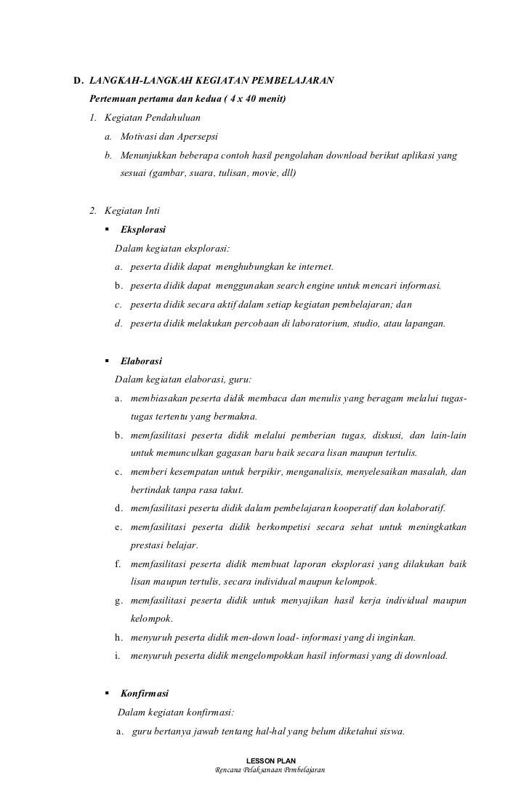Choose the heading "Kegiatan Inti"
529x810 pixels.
tap(132, 212)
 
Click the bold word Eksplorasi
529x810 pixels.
tap(143, 230)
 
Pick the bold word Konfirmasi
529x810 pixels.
tap(145, 694)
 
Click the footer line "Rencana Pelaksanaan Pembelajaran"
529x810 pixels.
tap(265, 770)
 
